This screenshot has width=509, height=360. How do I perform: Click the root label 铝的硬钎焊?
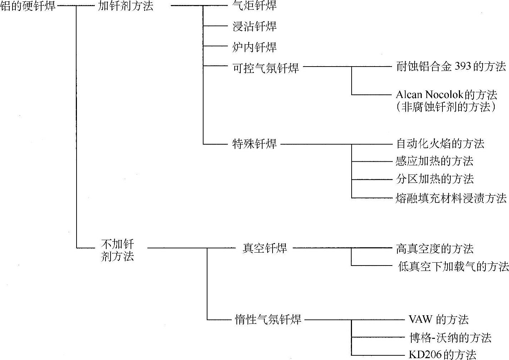pos(28,6)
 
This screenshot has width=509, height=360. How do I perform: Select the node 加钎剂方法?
pos(126,6)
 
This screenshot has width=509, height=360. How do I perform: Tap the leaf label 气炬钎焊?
pos(254,6)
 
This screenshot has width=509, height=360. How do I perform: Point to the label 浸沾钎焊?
pos(254,26)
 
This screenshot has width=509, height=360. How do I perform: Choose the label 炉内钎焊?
pos(254,47)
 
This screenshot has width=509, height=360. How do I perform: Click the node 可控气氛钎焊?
pos(266,67)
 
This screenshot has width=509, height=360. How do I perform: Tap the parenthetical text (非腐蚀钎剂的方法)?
pos(446,107)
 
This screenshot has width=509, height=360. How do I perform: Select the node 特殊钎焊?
pos(254,144)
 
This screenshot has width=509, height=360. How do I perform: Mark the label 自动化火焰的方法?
pos(440,144)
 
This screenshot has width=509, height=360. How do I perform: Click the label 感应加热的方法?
pos(434,161)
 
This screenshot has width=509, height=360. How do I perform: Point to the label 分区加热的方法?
pos(435,179)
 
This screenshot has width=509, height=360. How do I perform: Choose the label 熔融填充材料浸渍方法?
pos(451,198)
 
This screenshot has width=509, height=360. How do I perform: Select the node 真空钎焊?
pos(265,248)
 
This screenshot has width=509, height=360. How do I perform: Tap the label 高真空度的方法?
pos(435,249)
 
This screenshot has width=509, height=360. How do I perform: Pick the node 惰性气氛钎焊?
pos(268,319)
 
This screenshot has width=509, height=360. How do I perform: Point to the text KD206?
pos(425,355)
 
